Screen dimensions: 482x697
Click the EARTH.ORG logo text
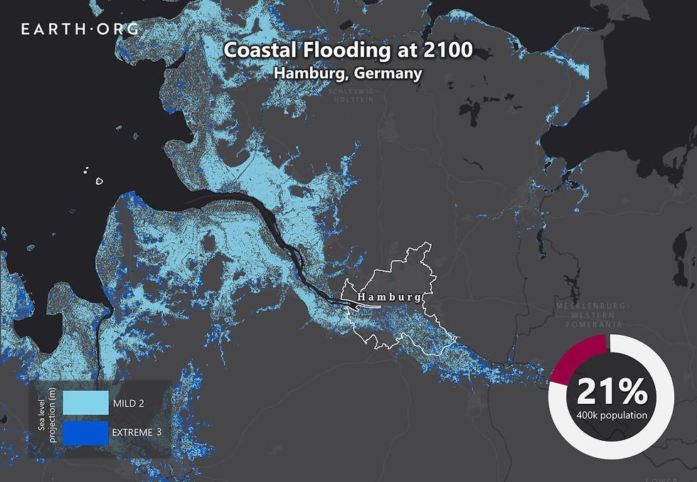coord(80,29)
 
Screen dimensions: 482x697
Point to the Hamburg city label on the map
coord(389,297)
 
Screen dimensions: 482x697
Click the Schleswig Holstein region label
coord(351,95)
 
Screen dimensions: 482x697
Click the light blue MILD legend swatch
coord(85,403)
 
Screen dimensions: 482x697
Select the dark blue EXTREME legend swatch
coord(85,432)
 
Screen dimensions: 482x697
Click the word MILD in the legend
coord(125,404)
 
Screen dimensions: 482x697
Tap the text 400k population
coord(612,414)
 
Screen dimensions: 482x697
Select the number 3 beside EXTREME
coord(158,432)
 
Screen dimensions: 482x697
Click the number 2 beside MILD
coord(142,404)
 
